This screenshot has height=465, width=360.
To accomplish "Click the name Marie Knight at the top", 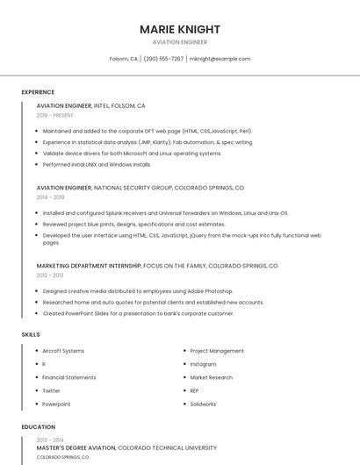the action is pos(180,29).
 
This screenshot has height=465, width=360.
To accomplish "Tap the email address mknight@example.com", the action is pos(220,59).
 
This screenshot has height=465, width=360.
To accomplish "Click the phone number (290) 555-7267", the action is pos(163,59).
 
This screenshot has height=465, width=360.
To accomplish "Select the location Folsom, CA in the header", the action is pos(124,59).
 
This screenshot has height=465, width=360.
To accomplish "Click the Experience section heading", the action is pos(38,92).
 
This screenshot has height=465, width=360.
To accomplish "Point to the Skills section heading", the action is pos(31,334).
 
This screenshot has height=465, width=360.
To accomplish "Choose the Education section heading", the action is pos(39,427).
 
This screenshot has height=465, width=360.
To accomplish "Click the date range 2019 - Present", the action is pos(55,115).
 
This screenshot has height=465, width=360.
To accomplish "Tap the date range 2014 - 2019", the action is pos(50,197).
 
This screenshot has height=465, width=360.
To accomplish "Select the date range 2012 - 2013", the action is pos(50,275).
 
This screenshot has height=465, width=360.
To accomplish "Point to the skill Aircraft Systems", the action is pos(63,351).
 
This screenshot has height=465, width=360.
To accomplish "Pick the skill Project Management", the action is pos(217,351).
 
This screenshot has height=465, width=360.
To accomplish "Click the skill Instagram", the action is pos(203,364).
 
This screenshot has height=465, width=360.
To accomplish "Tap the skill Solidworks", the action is pos(204,404).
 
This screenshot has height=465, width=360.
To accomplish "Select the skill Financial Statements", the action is pos(69,377).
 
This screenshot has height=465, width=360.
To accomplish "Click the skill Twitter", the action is pos(51,390).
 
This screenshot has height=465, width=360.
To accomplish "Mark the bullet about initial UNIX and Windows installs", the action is pos(97,164).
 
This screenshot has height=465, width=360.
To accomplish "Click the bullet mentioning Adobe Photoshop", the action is pos(138,290).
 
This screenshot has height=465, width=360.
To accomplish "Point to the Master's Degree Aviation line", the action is pos(76,447).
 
